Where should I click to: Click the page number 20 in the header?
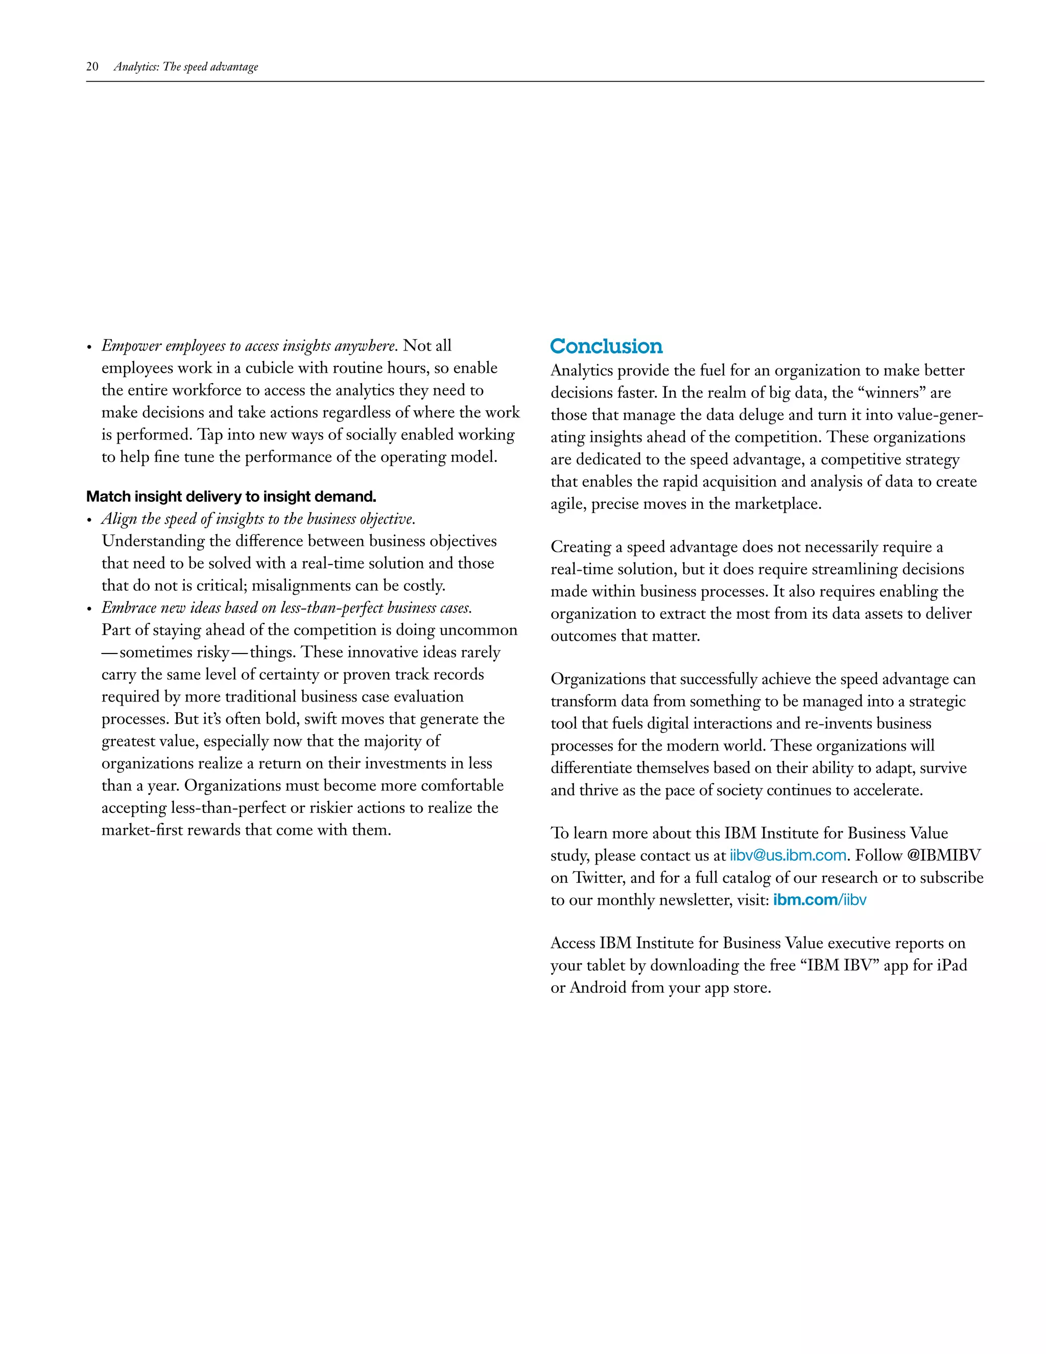click(92, 67)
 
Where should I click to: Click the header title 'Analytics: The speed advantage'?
click(186, 67)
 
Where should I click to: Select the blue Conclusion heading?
click(606, 346)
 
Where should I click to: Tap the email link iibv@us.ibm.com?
click(788, 855)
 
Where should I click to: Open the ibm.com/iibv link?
click(820, 900)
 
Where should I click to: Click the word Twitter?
click(598, 878)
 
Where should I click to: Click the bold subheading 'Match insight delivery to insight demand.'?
click(231, 497)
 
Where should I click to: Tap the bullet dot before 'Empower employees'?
click(89, 347)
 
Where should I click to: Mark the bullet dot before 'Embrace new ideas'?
click(89, 610)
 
